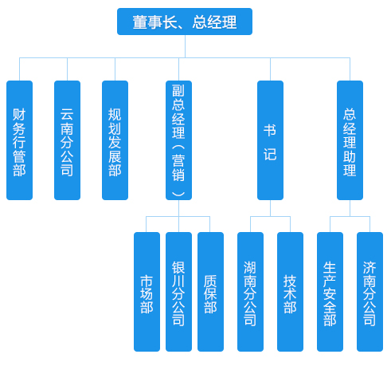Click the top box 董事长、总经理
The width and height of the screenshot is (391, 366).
click(x=185, y=22)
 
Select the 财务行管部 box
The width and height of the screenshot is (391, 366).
click(x=19, y=140)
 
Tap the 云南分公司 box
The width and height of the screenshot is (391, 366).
click(x=67, y=140)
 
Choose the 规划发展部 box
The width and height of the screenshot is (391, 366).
click(x=115, y=140)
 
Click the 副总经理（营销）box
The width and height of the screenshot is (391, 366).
click(x=178, y=140)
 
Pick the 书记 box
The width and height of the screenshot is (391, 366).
click(x=270, y=140)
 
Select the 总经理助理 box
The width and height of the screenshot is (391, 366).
click(x=350, y=140)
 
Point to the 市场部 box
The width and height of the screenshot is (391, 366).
click(x=147, y=292)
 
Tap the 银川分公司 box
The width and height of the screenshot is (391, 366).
click(x=178, y=292)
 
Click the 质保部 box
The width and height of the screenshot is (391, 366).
click(x=210, y=292)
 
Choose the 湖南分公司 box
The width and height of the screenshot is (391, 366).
click(x=250, y=292)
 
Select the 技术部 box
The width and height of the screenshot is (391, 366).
click(x=290, y=292)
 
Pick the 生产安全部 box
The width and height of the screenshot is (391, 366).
click(x=330, y=292)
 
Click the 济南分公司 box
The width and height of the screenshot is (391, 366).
click(x=369, y=292)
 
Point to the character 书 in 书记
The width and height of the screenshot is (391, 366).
click(x=270, y=130)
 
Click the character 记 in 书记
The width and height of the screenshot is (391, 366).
click(x=270, y=154)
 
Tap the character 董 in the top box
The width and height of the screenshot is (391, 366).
click(x=139, y=22)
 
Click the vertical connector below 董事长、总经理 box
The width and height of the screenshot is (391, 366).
click(x=185, y=46)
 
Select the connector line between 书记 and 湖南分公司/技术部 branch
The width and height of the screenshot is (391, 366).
click(x=270, y=208)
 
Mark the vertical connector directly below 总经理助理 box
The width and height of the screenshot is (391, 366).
click(x=350, y=208)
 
